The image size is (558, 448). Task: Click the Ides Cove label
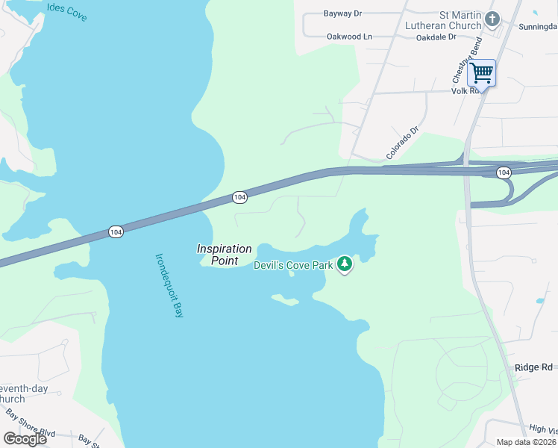coord(66,11)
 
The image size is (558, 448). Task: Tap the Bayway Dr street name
coord(342,13)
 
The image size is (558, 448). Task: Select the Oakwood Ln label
coord(349,36)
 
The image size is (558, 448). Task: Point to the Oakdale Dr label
coord(436,36)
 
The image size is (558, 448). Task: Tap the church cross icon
coord(492,19)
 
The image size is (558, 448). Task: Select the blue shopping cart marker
coord(482,73)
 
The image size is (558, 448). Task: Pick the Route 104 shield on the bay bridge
coord(115,232)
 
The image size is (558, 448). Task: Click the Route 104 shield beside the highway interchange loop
coord(504,172)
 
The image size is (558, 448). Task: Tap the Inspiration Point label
coord(224,255)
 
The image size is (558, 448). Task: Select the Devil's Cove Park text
coord(292,264)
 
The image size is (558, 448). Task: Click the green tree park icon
coord(345,264)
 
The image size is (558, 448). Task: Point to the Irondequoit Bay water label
coord(169,286)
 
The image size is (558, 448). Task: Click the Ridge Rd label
coord(533,367)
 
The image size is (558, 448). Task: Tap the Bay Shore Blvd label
coord(31,422)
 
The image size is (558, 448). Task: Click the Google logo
coord(24,439)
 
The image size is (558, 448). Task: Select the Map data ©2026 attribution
coord(526,442)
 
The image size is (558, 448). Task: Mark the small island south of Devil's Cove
coord(285,299)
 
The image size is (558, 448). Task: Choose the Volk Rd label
coord(463,91)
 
